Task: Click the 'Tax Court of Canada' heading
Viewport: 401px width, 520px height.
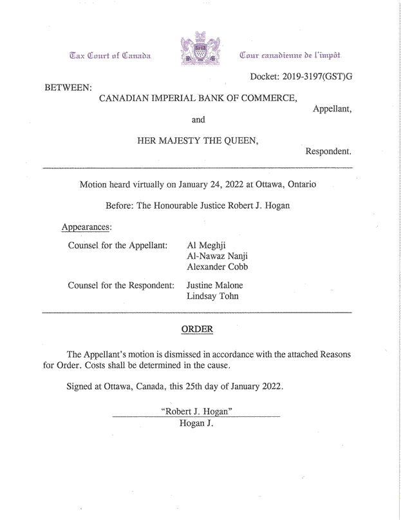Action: pos(112,56)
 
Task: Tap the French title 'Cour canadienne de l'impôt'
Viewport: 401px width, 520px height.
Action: pos(290,56)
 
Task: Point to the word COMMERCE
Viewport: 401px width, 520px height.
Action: pos(268,98)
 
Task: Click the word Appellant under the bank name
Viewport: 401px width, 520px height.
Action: pos(331,109)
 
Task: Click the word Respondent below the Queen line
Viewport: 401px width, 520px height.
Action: pos(328,152)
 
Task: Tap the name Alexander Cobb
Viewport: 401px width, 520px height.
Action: pos(217,267)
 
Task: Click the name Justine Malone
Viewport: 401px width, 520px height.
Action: pos(214,285)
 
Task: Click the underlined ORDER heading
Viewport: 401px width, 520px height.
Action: pos(197,329)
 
